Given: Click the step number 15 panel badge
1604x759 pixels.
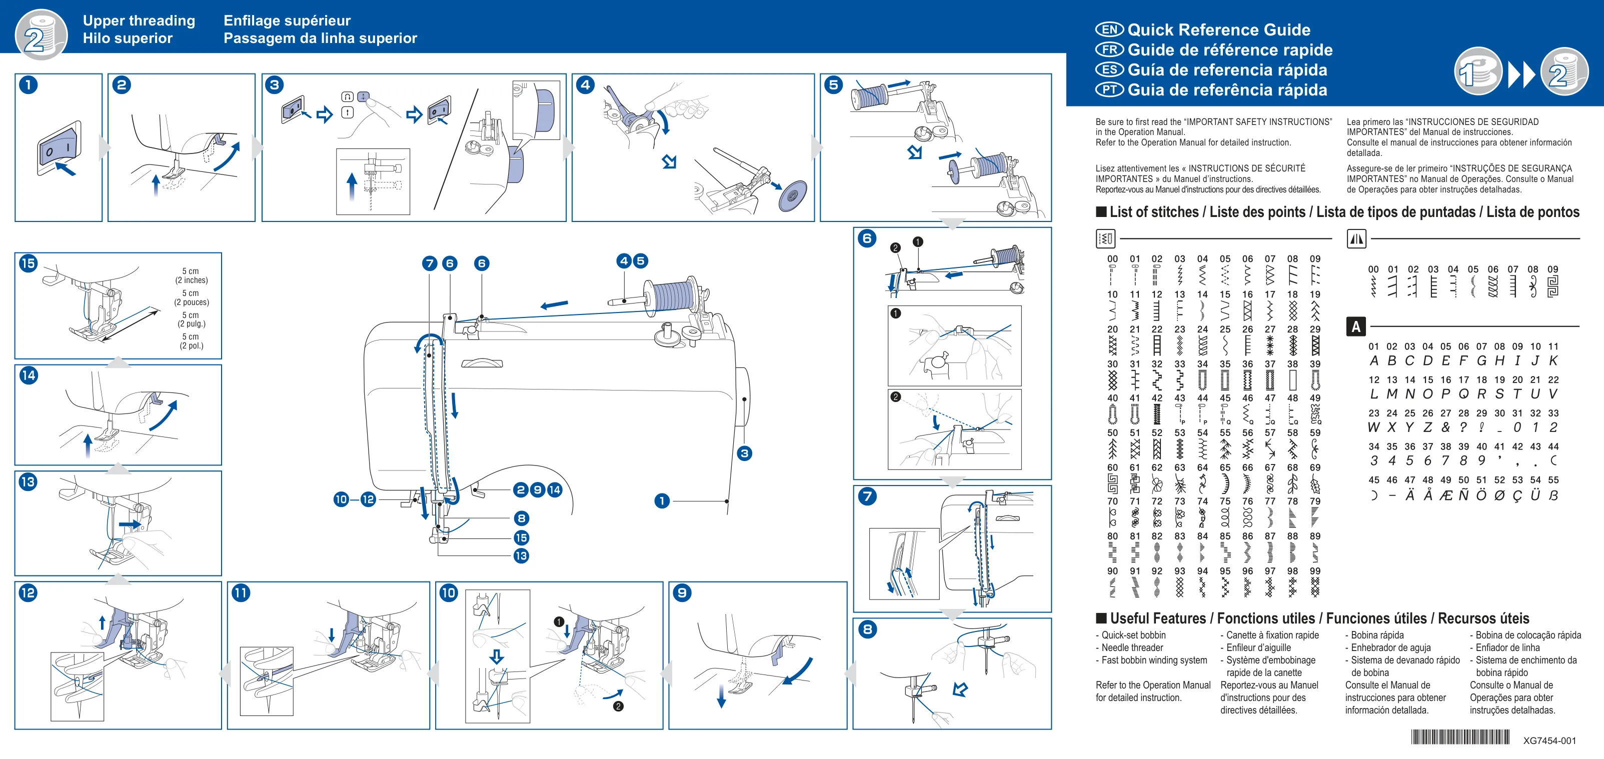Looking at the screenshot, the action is pos(28,263).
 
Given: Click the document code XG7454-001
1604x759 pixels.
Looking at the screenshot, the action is pos(1549,740).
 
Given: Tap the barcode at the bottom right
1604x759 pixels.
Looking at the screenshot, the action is pos(1460,738).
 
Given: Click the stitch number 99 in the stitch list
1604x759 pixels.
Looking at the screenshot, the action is pos(1314,570).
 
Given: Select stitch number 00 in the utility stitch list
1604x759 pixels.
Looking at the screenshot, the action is pos(1112,258).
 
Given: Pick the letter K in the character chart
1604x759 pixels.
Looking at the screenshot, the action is pos(1553,360).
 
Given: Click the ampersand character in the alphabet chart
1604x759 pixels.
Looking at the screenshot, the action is pos(1445,427).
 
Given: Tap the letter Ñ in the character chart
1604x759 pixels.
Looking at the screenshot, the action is pos(1463,495).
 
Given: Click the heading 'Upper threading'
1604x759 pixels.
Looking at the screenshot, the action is pos(139,20).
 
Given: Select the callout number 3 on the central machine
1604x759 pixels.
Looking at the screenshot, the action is pos(744,453).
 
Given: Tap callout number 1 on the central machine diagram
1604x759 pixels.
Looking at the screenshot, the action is pos(662,500).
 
